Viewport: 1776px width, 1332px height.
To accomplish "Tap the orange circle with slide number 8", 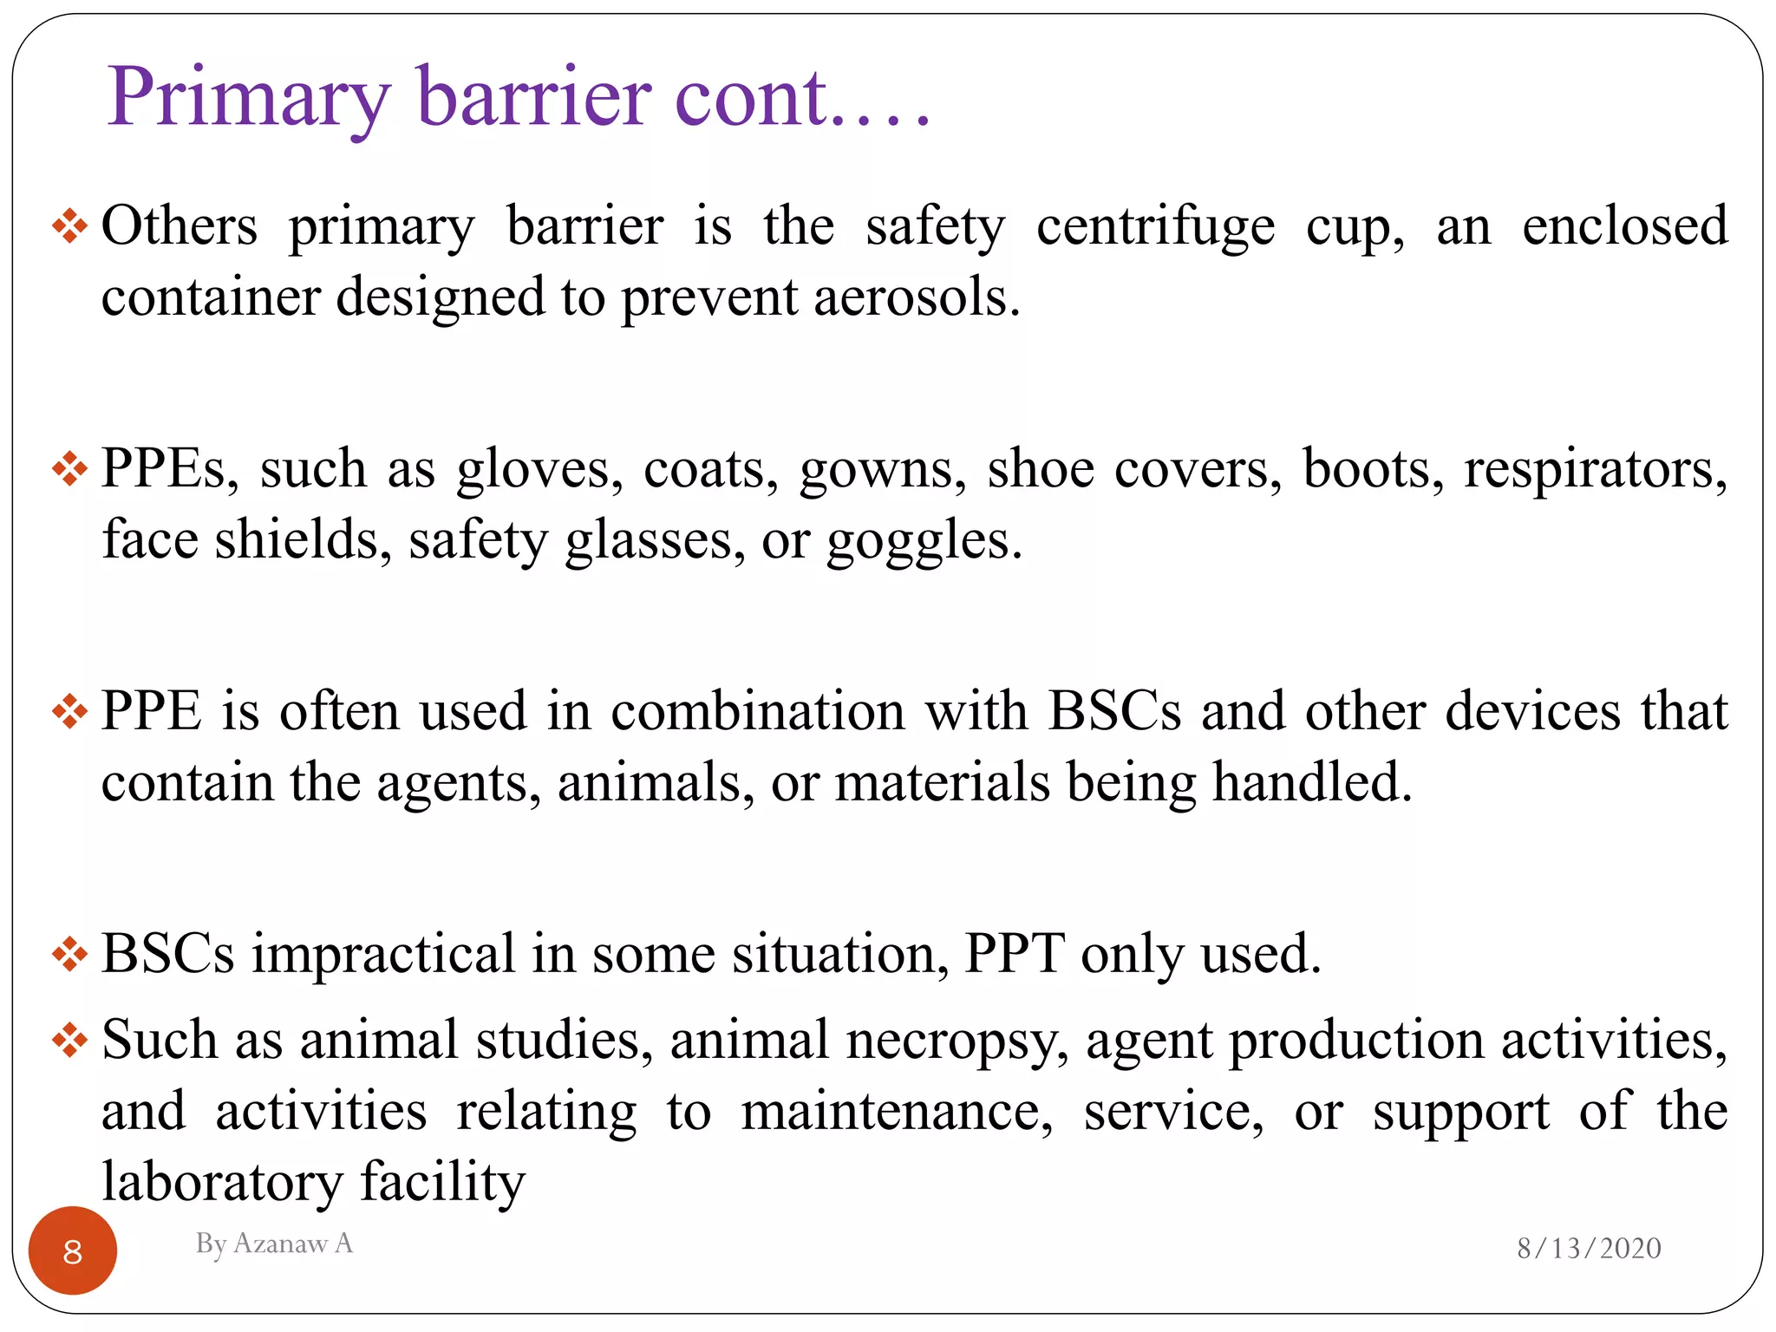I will click(73, 1250).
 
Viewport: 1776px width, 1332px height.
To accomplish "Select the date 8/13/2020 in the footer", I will click(1589, 1248).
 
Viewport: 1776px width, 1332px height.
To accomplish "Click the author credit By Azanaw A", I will click(274, 1244).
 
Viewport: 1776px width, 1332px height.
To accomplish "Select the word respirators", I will click(1595, 470).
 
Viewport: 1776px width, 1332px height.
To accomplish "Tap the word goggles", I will click(924, 541).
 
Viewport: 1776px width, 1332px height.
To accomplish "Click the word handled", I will click(1312, 782).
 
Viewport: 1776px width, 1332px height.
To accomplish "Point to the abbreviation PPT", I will click(1015, 954).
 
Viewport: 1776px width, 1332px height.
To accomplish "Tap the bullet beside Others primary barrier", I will click(69, 227).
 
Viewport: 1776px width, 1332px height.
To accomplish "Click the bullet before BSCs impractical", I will click(69, 955).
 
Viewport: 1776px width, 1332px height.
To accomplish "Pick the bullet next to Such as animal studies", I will click(69, 1040).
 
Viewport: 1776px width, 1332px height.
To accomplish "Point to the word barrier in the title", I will click(534, 97).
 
